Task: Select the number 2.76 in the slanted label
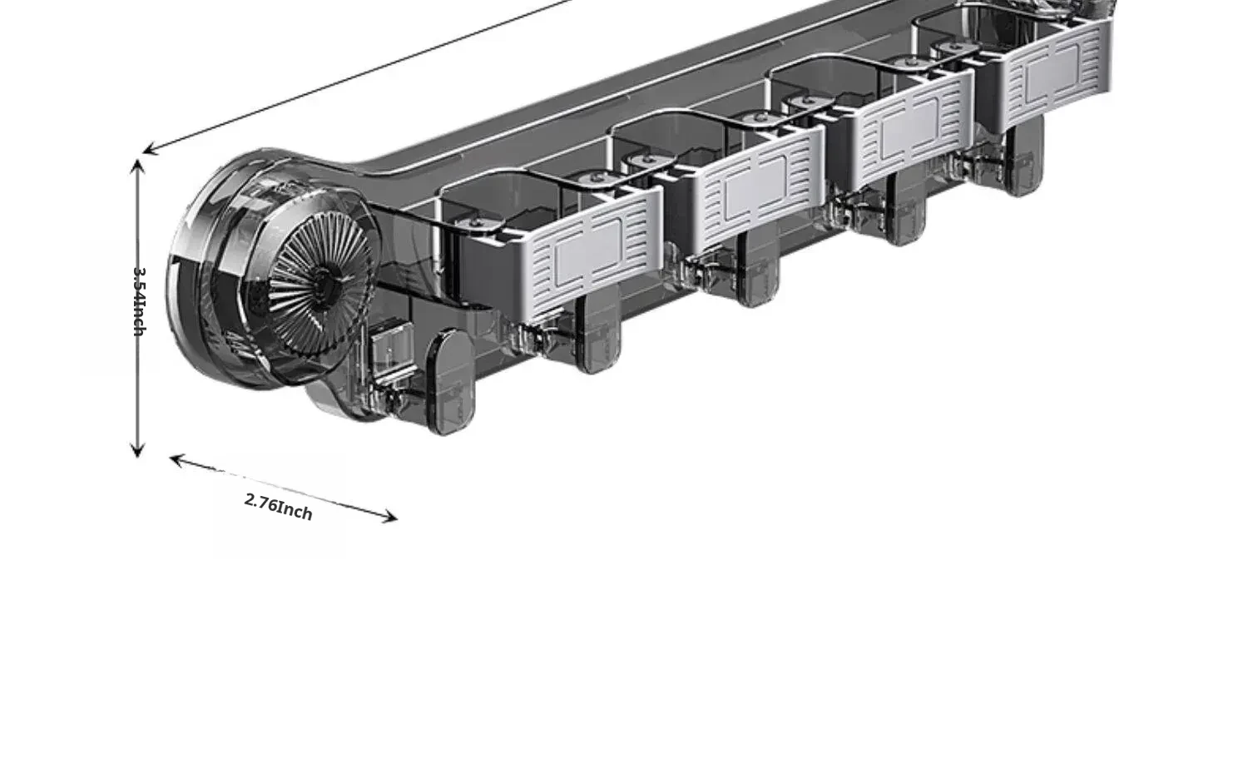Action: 260,502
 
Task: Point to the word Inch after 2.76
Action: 295,510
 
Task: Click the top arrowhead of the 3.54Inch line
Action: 138,165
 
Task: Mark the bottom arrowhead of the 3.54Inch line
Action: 138,452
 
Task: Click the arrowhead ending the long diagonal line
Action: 148,151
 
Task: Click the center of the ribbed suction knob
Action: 320,285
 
